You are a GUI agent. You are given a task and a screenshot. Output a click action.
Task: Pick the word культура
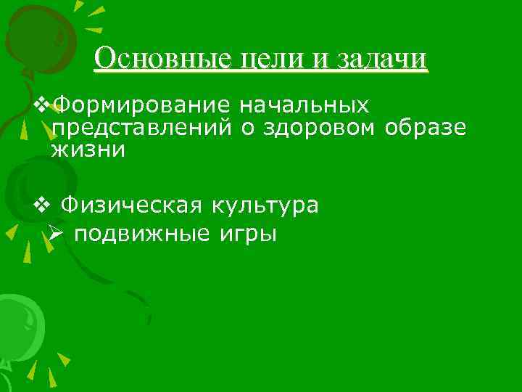pos(265,205)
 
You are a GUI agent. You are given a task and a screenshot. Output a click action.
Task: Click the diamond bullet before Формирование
pos(42,106)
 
